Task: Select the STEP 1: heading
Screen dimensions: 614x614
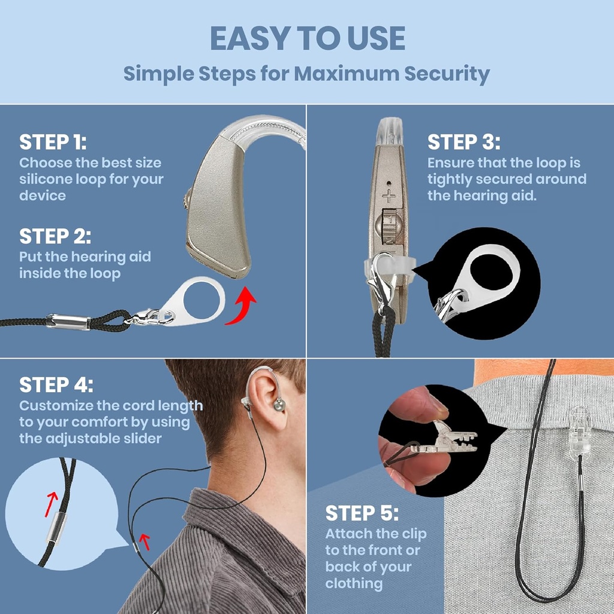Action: click(53, 143)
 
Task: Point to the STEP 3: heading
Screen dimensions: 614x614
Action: click(463, 143)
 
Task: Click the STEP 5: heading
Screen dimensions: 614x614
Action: click(362, 513)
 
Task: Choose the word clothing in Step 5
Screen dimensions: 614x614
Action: click(354, 583)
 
